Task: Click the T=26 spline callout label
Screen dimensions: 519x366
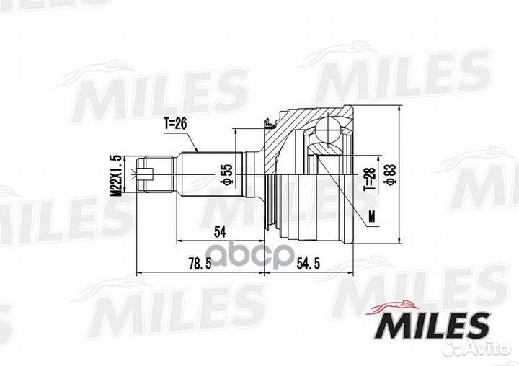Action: pyautogui.click(x=175, y=124)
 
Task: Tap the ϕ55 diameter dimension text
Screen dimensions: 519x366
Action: pyautogui.click(x=228, y=174)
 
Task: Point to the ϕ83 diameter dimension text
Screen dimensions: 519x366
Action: pyautogui.click(x=390, y=175)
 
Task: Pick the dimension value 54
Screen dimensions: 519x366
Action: pyautogui.click(x=220, y=232)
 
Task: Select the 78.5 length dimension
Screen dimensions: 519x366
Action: pyautogui.click(x=200, y=264)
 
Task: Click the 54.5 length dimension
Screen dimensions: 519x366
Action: pyautogui.click(x=309, y=264)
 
